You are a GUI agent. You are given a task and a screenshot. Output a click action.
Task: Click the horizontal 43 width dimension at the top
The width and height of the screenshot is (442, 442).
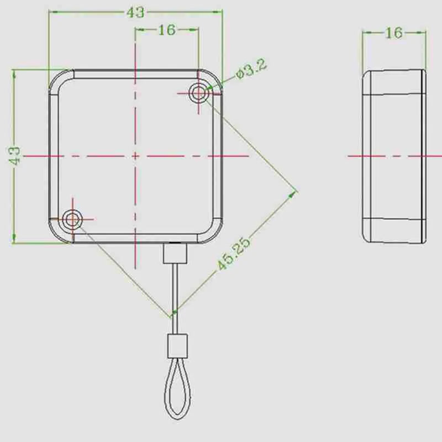tap(135, 12)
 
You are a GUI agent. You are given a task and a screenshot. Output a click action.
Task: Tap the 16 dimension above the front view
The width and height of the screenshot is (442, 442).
tap(166, 30)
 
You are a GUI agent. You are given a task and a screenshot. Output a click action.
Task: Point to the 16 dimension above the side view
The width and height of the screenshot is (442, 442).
tap(393, 33)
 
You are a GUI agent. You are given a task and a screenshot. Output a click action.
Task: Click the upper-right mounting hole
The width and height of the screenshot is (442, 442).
tap(198, 93)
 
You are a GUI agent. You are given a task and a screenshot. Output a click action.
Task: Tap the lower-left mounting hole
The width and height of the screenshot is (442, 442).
tap(72, 219)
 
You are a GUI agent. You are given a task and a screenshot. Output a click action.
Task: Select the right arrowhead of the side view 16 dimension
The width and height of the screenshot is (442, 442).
tap(424, 33)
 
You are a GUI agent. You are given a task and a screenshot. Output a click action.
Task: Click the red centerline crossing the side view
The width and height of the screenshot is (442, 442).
tap(393, 156)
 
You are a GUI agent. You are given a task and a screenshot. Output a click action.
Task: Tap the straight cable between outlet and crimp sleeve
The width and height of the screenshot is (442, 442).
tap(175, 298)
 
